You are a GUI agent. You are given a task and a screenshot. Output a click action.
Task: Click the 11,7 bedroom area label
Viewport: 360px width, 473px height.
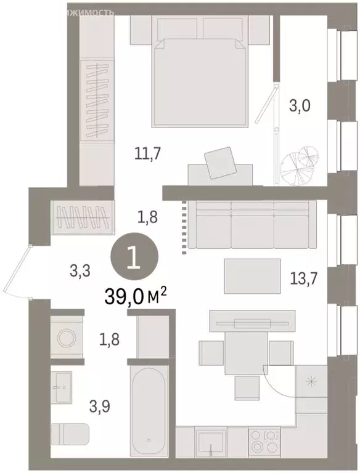147,154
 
